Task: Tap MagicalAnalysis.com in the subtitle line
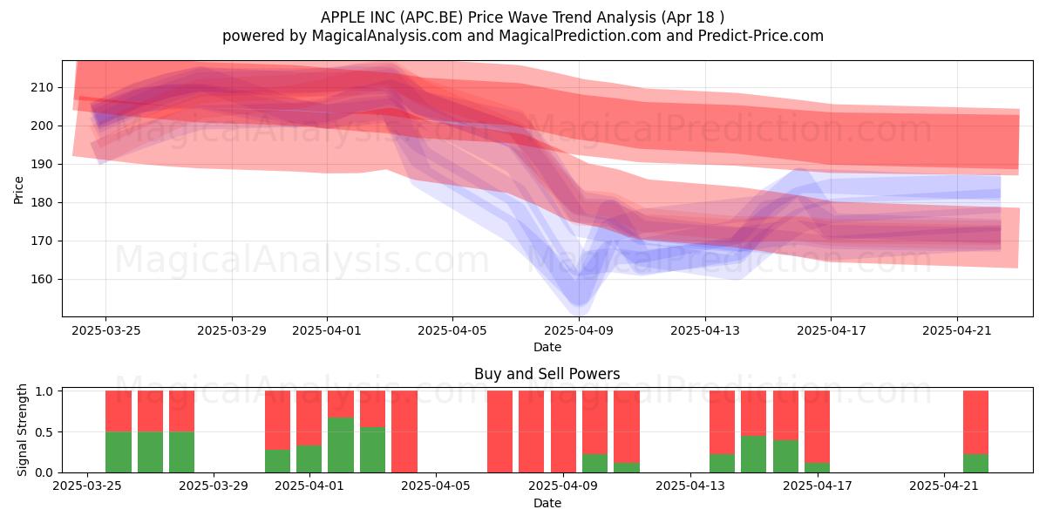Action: point(387,36)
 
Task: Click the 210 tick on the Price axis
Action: point(42,87)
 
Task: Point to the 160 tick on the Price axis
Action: point(42,279)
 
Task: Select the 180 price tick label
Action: point(42,202)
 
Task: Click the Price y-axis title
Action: point(18,190)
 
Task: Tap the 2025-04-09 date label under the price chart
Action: point(579,330)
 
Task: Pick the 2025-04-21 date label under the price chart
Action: point(957,330)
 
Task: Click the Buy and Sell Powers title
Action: point(547,374)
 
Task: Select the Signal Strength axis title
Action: point(22,430)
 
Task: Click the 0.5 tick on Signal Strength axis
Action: point(44,432)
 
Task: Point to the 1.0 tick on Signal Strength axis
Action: point(44,391)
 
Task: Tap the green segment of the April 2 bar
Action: point(341,445)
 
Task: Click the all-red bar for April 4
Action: point(404,431)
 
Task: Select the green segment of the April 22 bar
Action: point(975,463)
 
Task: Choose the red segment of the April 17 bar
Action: point(817,427)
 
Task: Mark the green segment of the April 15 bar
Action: point(753,454)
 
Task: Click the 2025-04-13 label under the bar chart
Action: point(690,486)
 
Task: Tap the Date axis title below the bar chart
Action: point(547,503)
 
